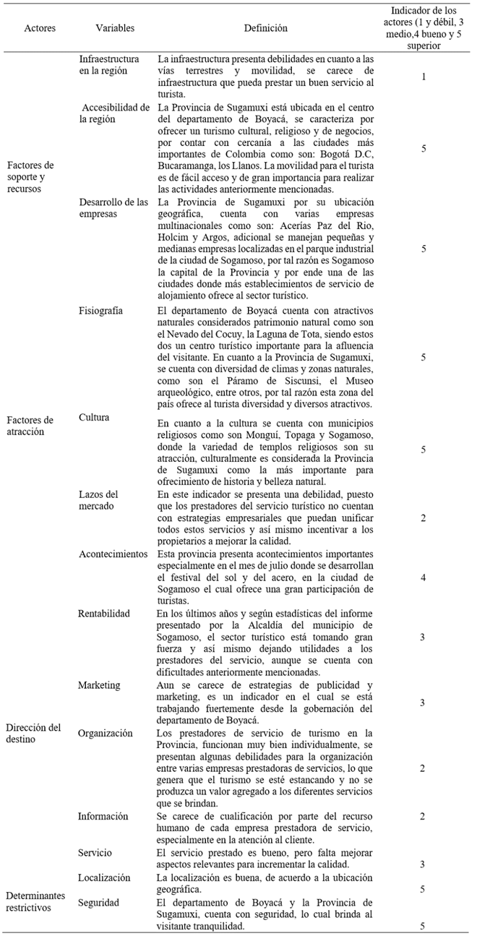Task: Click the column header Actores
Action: coord(40,28)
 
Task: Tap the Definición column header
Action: coord(265,28)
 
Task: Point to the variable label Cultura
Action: coord(95,418)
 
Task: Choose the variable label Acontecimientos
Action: coord(113,554)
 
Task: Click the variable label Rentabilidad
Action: coord(104,614)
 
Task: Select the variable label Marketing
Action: coord(100,685)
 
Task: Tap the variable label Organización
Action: coord(106,733)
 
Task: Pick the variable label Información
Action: coord(103,816)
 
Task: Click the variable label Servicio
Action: coord(95,853)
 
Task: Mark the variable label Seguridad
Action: coord(100,902)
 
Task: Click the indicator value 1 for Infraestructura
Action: coord(423,75)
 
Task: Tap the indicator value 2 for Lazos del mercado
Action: coord(423,518)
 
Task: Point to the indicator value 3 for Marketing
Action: coord(423,703)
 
